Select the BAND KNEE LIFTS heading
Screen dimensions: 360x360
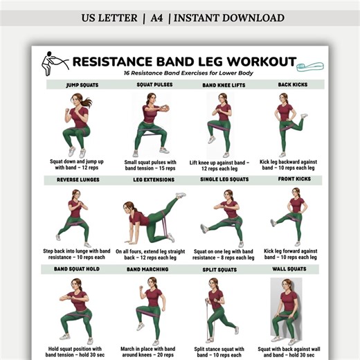tap(222, 85)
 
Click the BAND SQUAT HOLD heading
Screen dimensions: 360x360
tap(76, 269)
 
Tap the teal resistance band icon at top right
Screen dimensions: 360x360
tap(310, 66)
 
